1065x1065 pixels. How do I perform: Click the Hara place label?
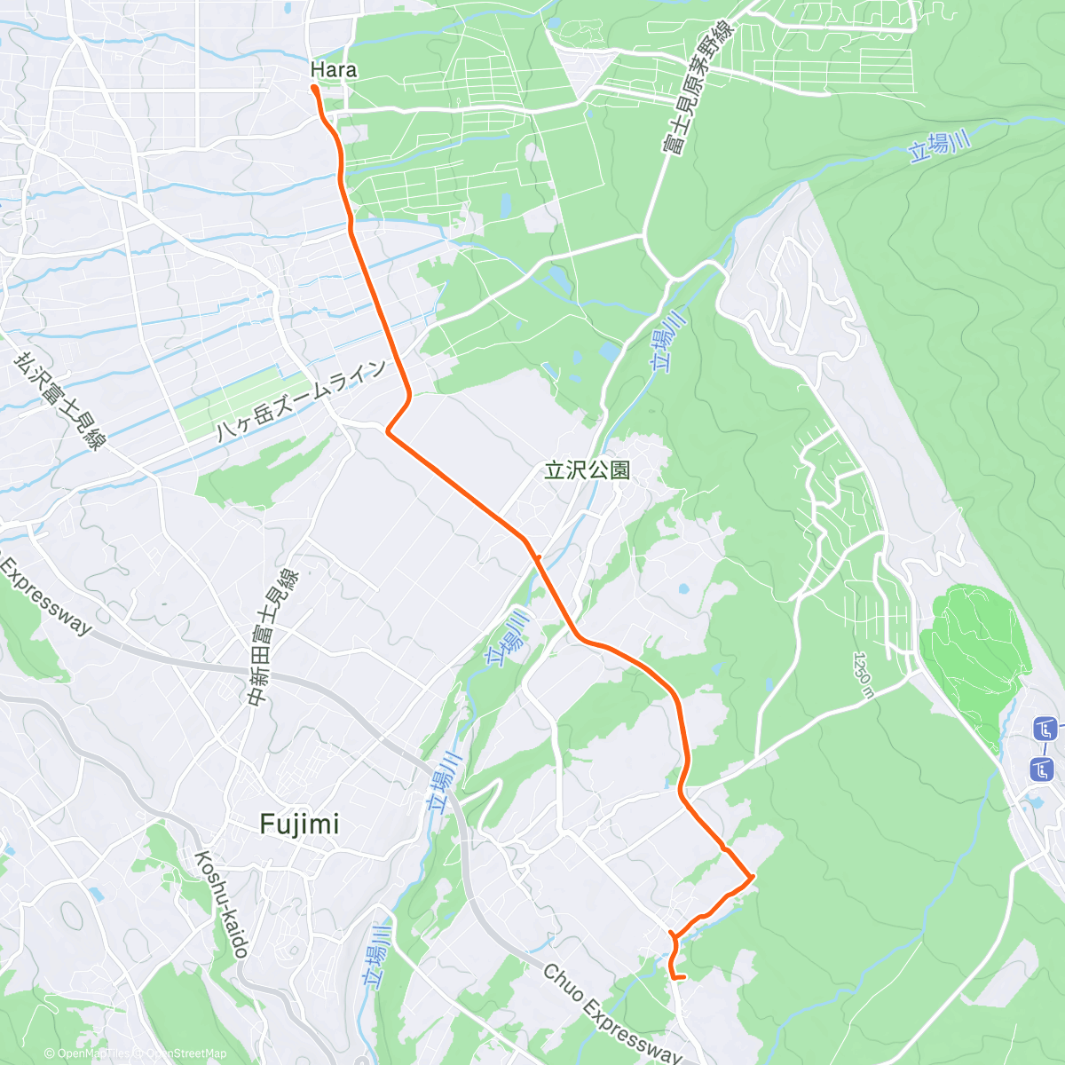(334, 69)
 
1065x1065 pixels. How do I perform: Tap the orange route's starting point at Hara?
(314, 87)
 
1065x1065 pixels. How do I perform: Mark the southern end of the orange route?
(684, 978)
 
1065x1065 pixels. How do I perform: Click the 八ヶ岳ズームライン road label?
(303, 401)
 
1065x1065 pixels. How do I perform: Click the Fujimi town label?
(299, 824)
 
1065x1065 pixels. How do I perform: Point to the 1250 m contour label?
(864, 674)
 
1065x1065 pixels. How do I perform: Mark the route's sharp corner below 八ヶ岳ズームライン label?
(388, 431)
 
